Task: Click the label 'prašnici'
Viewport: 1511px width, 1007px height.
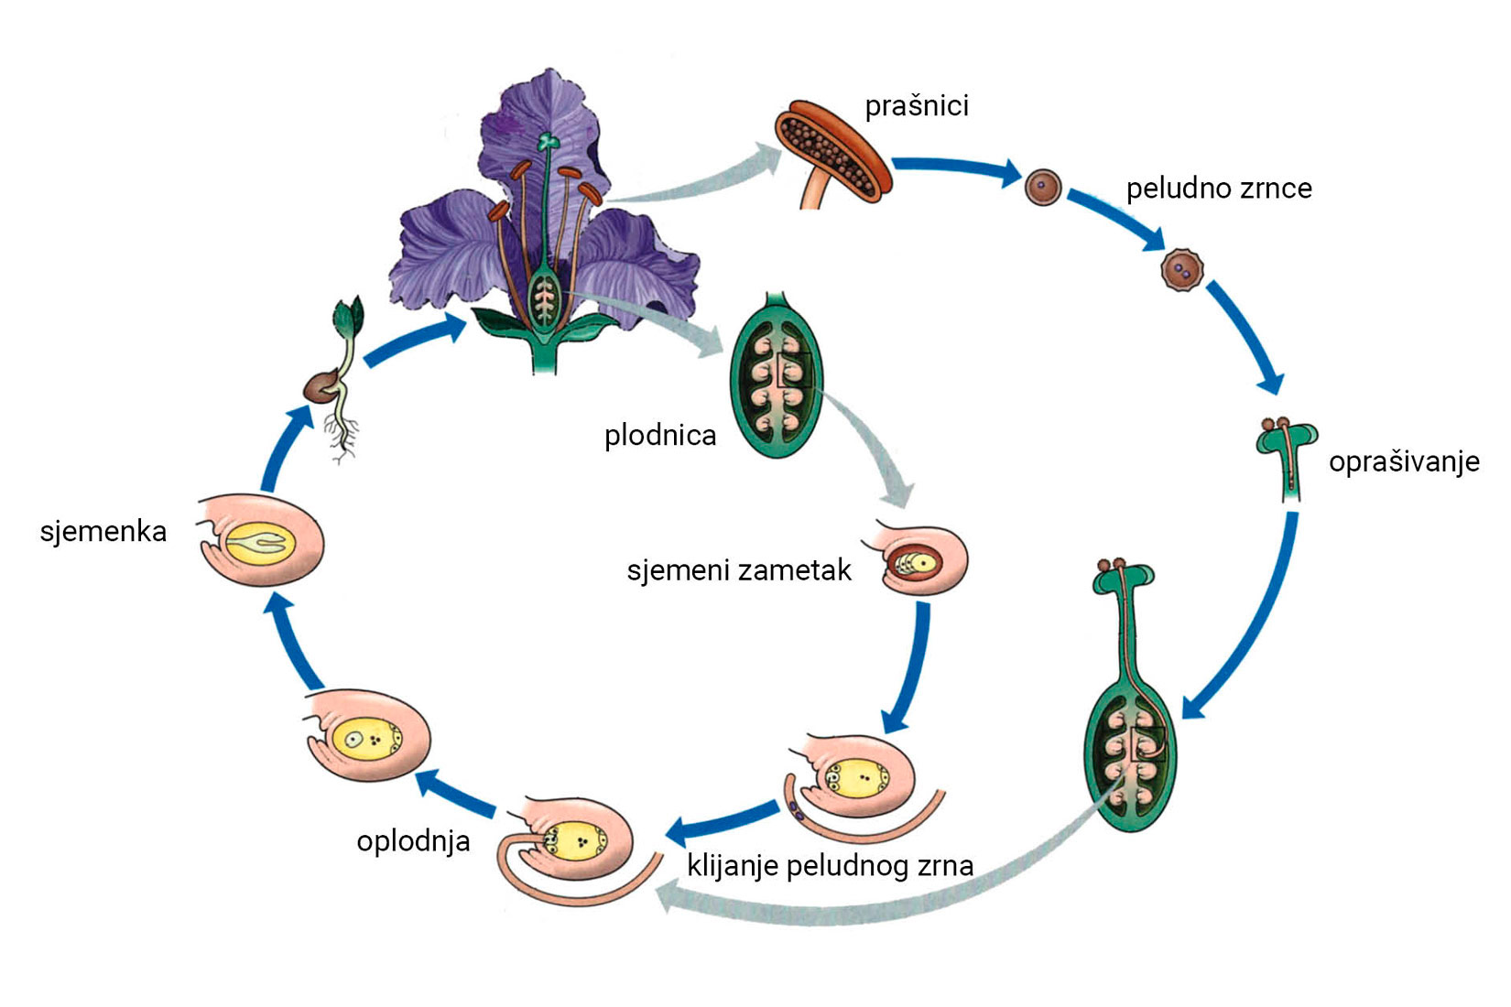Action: click(917, 106)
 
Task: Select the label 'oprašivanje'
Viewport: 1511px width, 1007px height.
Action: click(1403, 461)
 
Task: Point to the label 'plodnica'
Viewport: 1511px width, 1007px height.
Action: click(660, 435)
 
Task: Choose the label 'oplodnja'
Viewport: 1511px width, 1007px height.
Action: click(413, 840)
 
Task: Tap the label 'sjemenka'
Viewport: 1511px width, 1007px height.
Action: click(103, 531)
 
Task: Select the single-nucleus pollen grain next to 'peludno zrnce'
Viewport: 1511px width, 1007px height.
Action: click(1042, 188)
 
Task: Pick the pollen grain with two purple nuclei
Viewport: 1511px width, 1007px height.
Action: click(1181, 270)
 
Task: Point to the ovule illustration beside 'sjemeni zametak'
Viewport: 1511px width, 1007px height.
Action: click(923, 560)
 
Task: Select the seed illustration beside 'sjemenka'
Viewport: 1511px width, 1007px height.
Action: click(261, 543)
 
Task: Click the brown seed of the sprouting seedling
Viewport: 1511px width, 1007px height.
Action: click(321, 387)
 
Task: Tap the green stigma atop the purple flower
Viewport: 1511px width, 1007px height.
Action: click(548, 142)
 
